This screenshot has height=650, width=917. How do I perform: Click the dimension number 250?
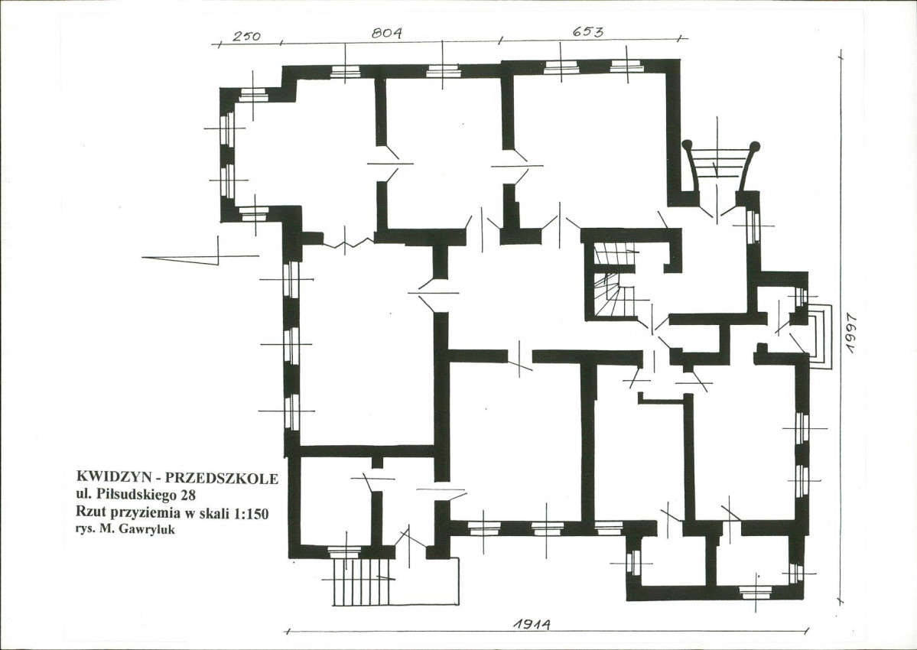[246, 36]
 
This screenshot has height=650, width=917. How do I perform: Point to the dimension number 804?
[386, 33]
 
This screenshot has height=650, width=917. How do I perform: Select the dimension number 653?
[587, 31]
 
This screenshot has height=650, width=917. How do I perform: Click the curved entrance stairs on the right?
[722, 167]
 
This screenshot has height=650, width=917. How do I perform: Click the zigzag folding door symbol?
[350, 242]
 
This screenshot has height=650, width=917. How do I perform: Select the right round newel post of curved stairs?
[756, 145]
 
